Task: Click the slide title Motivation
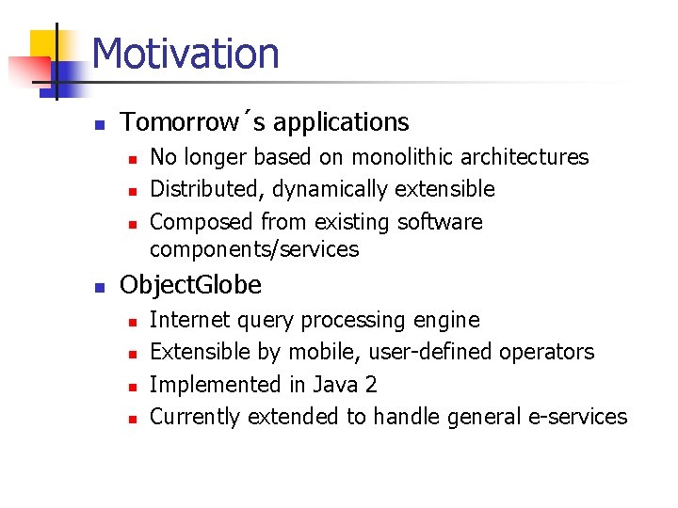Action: [x=186, y=53]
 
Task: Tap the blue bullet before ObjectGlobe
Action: [x=100, y=288]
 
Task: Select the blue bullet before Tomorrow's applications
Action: [x=100, y=125]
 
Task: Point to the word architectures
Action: [x=525, y=156]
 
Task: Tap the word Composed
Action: [x=202, y=222]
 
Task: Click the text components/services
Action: [x=254, y=249]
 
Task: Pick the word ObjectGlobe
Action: [x=190, y=286]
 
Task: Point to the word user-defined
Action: [x=430, y=352]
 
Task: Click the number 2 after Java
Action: [x=371, y=385]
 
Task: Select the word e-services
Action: [x=577, y=417]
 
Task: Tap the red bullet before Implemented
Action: [x=133, y=388]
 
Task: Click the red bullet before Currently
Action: [x=133, y=420]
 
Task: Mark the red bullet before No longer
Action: [x=133, y=160]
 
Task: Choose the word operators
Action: [x=547, y=353]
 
